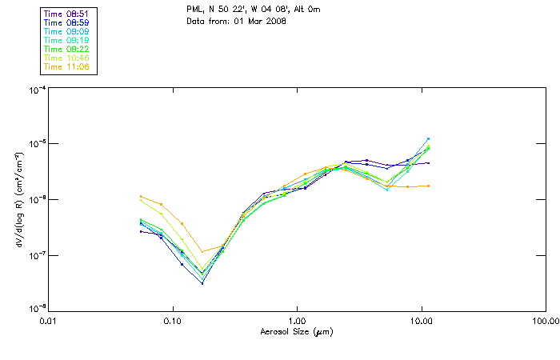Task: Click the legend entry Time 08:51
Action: pyautogui.click(x=67, y=13)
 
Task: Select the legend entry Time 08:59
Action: pyautogui.click(x=67, y=22)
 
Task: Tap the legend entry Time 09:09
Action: pyautogui.click(x=67, y=31)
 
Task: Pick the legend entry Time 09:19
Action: pyautogui.click(x=67, y=40)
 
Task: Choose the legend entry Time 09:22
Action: pyautogui.click(x=67, y=49)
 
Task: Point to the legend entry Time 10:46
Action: pyautogui.click(x=67, y=58)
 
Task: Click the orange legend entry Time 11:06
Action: pyautogui.click(x=67, y=66)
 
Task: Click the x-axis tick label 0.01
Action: pyautogui.click(x=48, y=321)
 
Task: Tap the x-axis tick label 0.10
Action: pyautogui.click(x=172, y=321)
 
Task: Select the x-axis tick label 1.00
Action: pyautogui.click(x=297, y=321)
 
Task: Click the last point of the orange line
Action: pyautogui.click(x=428, y=186)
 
